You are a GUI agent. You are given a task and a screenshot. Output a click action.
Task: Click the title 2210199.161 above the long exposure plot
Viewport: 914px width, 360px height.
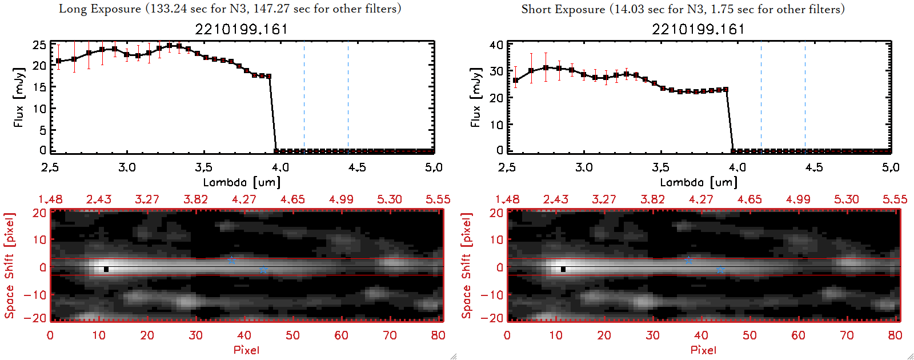tap(241, 29)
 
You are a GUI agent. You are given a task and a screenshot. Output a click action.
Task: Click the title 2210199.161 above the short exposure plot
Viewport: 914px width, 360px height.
tap(698, 29)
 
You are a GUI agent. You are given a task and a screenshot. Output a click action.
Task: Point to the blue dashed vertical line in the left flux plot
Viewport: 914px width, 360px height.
tap(304, 97)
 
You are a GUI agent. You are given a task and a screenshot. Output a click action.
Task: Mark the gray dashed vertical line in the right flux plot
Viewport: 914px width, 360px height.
tap(805, 97)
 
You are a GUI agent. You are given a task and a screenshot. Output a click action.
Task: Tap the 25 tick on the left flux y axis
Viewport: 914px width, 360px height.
tap(39, 45)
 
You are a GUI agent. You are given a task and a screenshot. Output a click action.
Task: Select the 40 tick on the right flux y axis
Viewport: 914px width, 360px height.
tap(496, 45)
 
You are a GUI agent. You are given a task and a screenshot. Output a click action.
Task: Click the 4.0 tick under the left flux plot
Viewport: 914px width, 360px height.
tap(280, 167)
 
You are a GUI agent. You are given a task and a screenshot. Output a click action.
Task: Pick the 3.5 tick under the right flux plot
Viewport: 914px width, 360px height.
tap(660, 167)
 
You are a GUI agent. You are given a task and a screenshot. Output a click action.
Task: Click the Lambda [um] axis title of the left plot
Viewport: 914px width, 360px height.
tap(241, 182)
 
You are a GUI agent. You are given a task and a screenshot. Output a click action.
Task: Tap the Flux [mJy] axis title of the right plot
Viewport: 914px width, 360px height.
tap(475, 97)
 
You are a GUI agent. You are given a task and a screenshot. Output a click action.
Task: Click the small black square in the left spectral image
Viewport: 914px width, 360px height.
tap(106, 269)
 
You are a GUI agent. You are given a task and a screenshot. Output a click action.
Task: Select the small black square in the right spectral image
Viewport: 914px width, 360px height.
tap(563, 269)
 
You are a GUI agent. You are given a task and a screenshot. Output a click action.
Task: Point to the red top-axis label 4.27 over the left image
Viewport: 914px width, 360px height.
tap(244, 199)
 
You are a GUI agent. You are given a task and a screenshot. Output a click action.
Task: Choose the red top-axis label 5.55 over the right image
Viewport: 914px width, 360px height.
tap(895, 199)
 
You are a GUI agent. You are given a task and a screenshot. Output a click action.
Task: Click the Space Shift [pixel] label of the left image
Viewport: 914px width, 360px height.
tap(10, 266)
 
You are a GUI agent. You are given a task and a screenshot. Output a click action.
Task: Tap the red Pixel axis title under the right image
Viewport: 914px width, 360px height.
tap(703, 350)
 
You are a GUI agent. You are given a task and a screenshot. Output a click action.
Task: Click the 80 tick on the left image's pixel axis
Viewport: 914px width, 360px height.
tap(438, 335)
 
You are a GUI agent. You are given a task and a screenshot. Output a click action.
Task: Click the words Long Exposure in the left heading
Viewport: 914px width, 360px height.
tap(100, 9)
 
